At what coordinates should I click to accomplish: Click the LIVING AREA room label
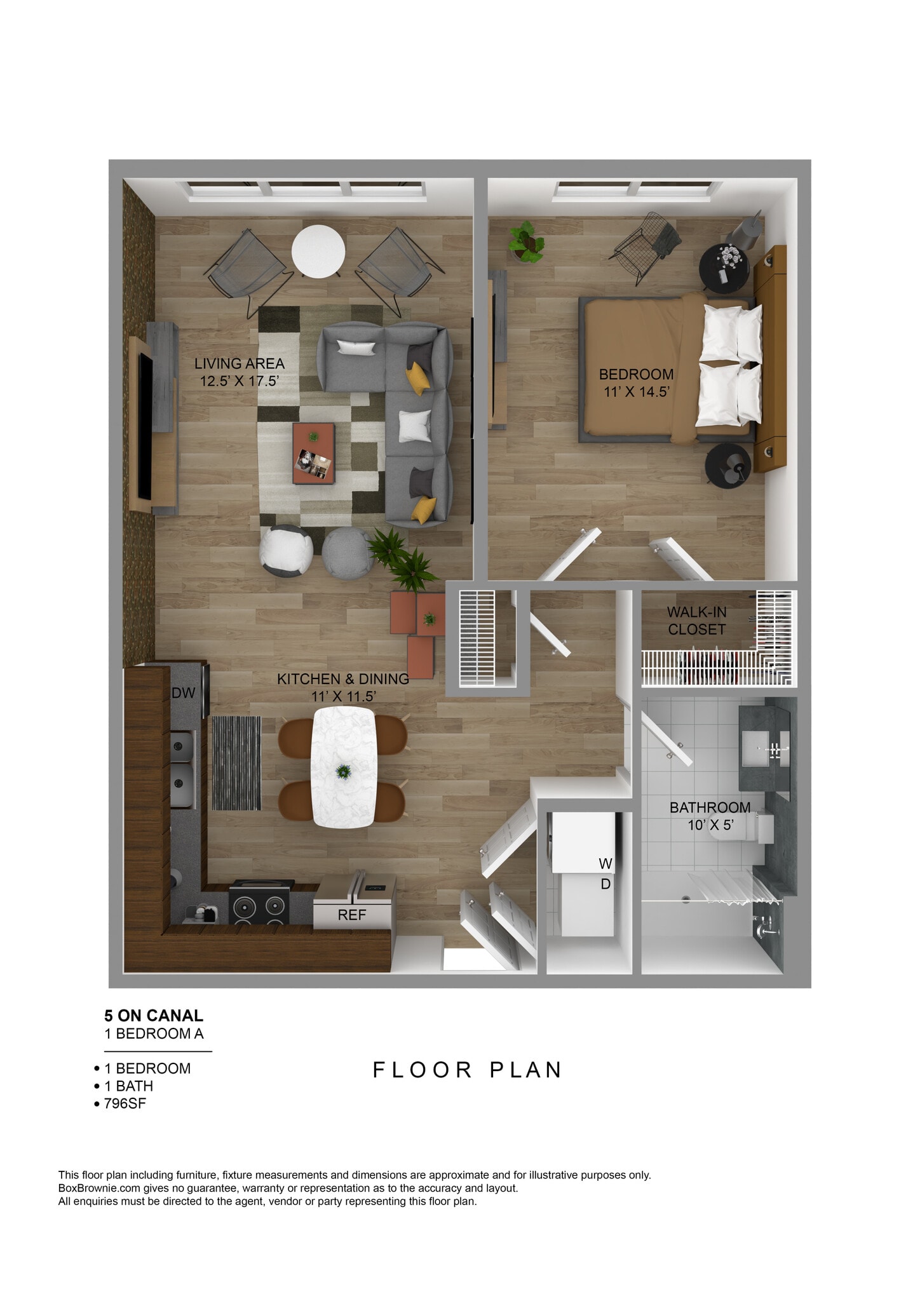coord(240,372)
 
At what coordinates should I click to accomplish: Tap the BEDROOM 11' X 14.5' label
coord(636,382)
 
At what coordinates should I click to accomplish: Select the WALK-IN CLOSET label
coord(696,621)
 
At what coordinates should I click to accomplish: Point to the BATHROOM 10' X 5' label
coord(710,816)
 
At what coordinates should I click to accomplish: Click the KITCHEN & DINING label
coord(343,687)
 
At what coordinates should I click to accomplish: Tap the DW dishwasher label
coord(183,692)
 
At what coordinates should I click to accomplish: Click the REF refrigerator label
coord(351,915)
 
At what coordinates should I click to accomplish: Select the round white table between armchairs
coord(318,252)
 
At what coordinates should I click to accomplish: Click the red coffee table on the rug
coord(313,454)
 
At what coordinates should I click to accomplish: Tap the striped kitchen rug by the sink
coord(236,763)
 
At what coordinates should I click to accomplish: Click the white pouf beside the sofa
coord(286,550)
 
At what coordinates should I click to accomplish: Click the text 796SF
coord(125,1103)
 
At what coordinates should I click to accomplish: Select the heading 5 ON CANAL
coord(154,1016)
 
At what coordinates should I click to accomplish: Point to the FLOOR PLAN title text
coord(467,1070)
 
